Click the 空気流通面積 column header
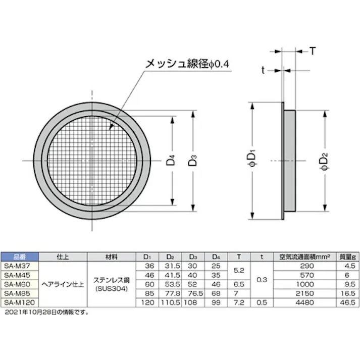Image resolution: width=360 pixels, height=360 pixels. pos(300,256)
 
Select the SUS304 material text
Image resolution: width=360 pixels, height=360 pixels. pos(111,288)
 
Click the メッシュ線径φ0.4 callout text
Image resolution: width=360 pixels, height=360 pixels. pos(186,64)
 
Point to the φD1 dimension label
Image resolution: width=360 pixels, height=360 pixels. pos(255,161)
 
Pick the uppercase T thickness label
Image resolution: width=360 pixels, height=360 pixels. pos(313,50)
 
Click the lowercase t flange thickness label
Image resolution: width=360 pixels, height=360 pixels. pos(263,70)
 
